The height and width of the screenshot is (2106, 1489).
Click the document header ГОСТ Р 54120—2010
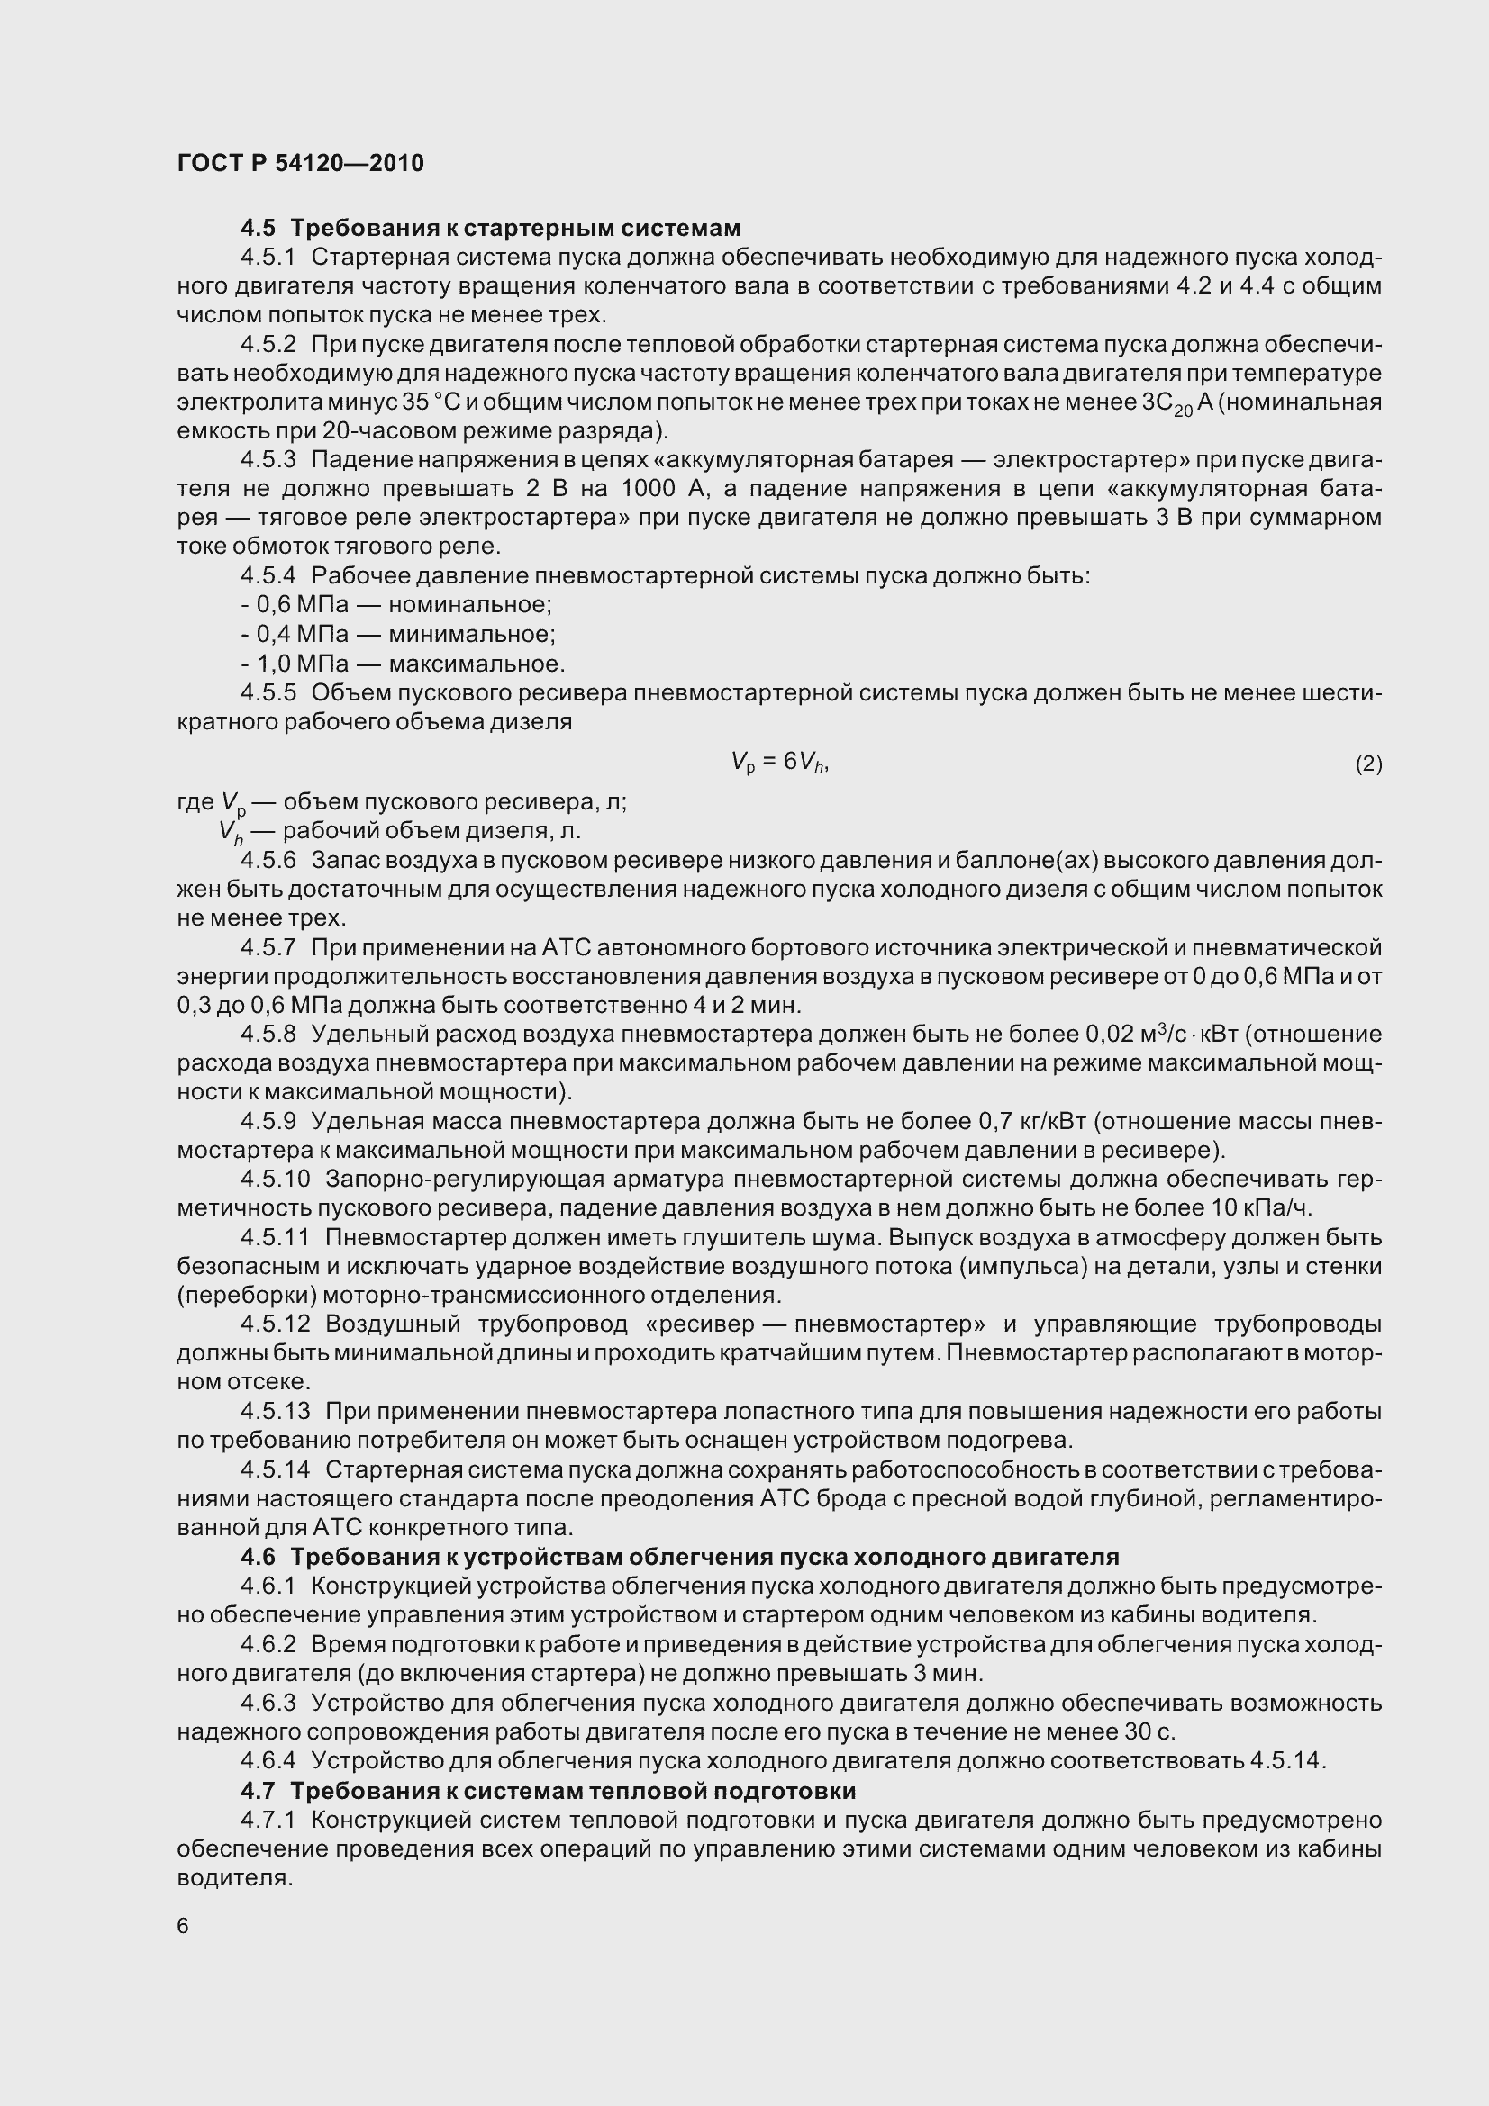tap(300, 163)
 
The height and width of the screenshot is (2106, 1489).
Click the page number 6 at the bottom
tap(183, 1925)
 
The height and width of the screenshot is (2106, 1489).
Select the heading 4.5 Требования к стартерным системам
tap(490, 228)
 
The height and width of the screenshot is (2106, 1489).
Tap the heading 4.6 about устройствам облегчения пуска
tap(679, 1557)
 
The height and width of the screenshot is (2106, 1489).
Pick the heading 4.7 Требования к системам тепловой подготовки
tap(548, 1791)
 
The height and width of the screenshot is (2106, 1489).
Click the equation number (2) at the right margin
tap(1368, 764)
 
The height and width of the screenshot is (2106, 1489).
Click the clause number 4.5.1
tap(268, 257)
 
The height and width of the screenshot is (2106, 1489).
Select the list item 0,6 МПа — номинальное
tap(396, 605)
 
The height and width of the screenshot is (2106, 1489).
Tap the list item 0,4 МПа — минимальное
tap(398, 635)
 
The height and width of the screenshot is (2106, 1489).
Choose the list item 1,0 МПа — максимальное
tap(403, 664)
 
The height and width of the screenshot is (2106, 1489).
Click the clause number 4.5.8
tap(268, 1035)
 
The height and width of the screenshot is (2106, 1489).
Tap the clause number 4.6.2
tap(268, 1644)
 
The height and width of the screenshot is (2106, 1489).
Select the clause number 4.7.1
tap(268, 1820)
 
